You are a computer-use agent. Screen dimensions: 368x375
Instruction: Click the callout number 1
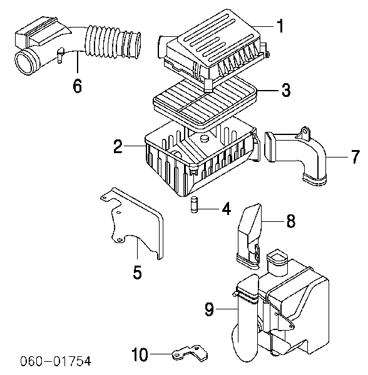[x=280, y=26]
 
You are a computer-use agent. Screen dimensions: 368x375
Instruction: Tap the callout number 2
[x=118, y=146]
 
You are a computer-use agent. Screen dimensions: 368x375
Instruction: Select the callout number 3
[x=286, y=90]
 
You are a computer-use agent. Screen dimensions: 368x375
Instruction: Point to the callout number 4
[x=227, y=209]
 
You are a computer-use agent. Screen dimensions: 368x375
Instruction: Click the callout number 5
[x=138, y=272]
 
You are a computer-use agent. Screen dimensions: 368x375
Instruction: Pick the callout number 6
[x=78, y=86]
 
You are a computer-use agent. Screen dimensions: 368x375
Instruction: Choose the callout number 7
[x=355, y=157]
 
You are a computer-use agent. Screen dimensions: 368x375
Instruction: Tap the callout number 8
[x=291, y=221]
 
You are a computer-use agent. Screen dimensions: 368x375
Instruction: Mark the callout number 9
[x=209, y=309]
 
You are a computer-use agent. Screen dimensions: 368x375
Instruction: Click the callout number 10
[x=140, y=354]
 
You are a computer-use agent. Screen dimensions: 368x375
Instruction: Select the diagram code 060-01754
[x=56, y=361]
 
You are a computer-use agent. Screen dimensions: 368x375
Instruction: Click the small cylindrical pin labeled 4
[x=194, y=205]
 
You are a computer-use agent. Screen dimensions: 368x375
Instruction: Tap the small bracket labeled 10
[x=190, y=352]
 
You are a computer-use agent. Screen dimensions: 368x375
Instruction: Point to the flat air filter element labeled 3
[x=205, y=103]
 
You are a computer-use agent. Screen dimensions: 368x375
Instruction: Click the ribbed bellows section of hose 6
[x=113, y=42]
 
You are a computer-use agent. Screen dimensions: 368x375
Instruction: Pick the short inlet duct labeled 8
[x=248, y=236]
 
